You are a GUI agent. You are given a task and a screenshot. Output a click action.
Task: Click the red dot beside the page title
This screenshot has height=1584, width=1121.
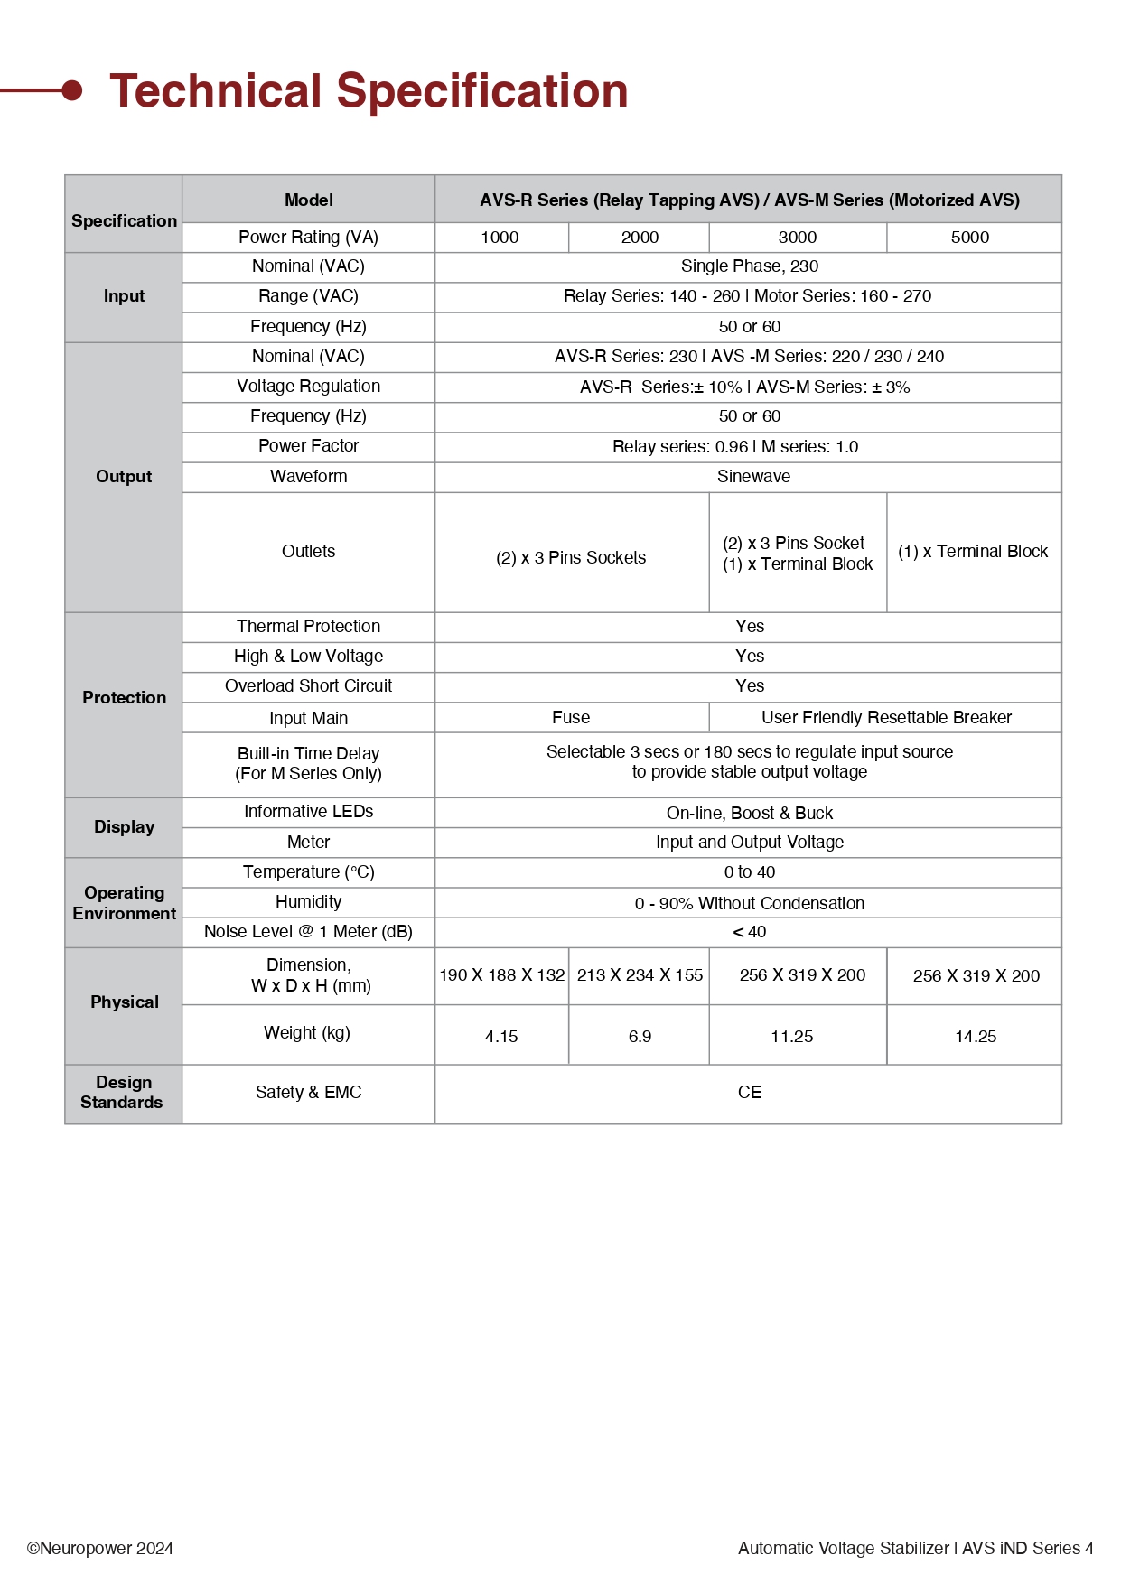(x=72, y=90)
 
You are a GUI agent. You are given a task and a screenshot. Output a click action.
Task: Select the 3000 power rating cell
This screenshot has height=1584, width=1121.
(x=797, y=238)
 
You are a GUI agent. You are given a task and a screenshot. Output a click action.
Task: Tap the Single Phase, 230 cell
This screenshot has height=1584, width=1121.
(x=749, y=266)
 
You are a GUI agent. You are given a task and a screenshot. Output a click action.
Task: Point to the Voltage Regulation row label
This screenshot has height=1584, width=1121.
(x=308, y=387)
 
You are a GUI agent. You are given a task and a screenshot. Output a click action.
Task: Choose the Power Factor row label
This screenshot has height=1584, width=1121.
(x=308, y=446)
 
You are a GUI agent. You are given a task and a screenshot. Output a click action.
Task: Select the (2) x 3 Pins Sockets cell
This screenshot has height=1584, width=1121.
(x=571, y=558)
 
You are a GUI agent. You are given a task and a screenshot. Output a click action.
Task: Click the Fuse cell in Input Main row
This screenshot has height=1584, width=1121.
(x=571, y=718)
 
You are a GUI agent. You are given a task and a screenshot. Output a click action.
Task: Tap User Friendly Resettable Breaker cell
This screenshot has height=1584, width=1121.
(x=885, y=718)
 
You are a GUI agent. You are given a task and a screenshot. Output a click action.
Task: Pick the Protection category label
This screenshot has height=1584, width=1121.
(x=124, y=698)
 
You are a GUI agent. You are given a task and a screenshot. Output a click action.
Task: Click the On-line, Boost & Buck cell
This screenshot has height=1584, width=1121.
(x=749, y=814)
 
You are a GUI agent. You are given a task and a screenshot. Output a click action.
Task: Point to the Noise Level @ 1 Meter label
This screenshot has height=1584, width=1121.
(x=308, y=932)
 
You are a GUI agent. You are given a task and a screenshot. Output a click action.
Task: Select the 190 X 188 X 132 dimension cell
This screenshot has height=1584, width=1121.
(x=502, y=975)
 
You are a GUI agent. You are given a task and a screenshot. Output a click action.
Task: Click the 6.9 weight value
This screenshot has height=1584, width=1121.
(x=640, y=1037)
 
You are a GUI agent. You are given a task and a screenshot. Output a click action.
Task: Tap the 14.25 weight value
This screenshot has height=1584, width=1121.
(x=976, y=1037)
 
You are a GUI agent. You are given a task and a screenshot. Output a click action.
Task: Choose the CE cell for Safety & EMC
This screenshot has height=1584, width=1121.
(x=749, y=1093)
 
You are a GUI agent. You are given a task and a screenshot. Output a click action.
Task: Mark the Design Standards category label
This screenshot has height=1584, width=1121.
(x=122, y=1093)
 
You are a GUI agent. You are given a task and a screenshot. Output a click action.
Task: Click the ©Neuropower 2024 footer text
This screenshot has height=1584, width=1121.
(x=100, y=1549)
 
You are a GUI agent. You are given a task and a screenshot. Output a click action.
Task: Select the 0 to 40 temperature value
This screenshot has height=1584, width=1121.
(x=749, y=872)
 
